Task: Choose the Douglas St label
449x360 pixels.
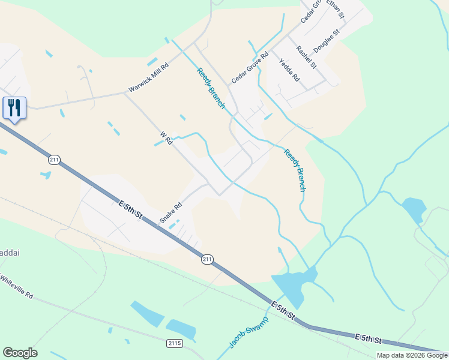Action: click(x=327, y=43)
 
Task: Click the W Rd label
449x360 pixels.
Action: click(x=166, y=139)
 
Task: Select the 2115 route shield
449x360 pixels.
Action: click(x=174, y=343)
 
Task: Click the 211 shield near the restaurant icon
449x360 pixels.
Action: click(x=55, y=160)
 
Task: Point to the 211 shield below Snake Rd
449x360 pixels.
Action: click(x=207, y=259)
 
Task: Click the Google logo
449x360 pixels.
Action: click(x=20, y=353)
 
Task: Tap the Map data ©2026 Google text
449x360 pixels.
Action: click(x=412, y=355)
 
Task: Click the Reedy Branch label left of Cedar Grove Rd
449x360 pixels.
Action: click(x=210, y=88)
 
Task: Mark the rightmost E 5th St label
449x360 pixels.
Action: click(x=369, y=340)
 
